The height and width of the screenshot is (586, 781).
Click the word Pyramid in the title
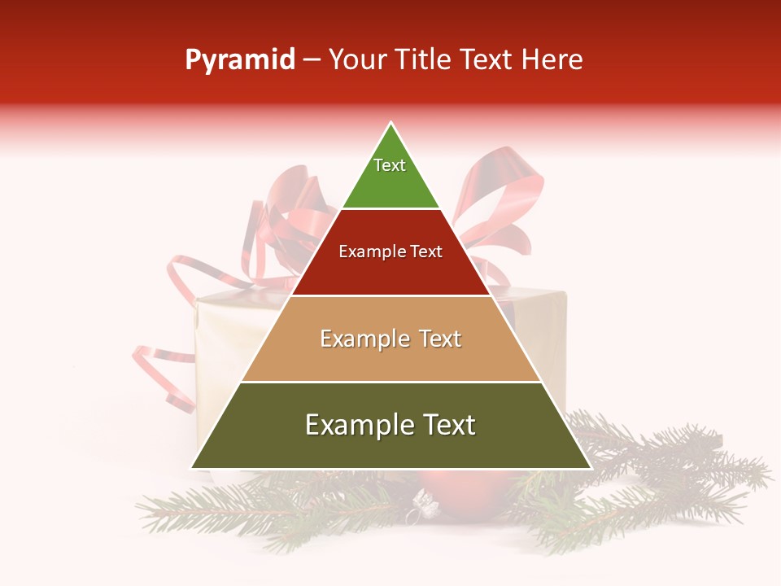(240, 60)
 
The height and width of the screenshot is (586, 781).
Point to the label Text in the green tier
(390, 165)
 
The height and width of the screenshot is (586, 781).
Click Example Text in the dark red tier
(390, 252)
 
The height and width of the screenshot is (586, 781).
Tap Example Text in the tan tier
(390, 339)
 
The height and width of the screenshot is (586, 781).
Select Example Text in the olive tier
(390, 425)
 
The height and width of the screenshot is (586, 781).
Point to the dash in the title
(312, 60)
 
